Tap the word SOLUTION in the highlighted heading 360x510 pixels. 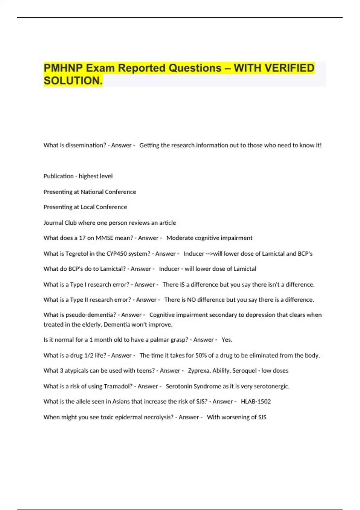(x=73, y=81)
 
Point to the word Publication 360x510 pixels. (x=58, y=176)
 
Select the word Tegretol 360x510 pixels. (x=76, y=253)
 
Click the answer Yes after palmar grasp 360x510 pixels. (x=226, y=340)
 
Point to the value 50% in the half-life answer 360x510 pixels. (x=201, y=355)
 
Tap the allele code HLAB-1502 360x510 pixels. (x=256, y=401)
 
